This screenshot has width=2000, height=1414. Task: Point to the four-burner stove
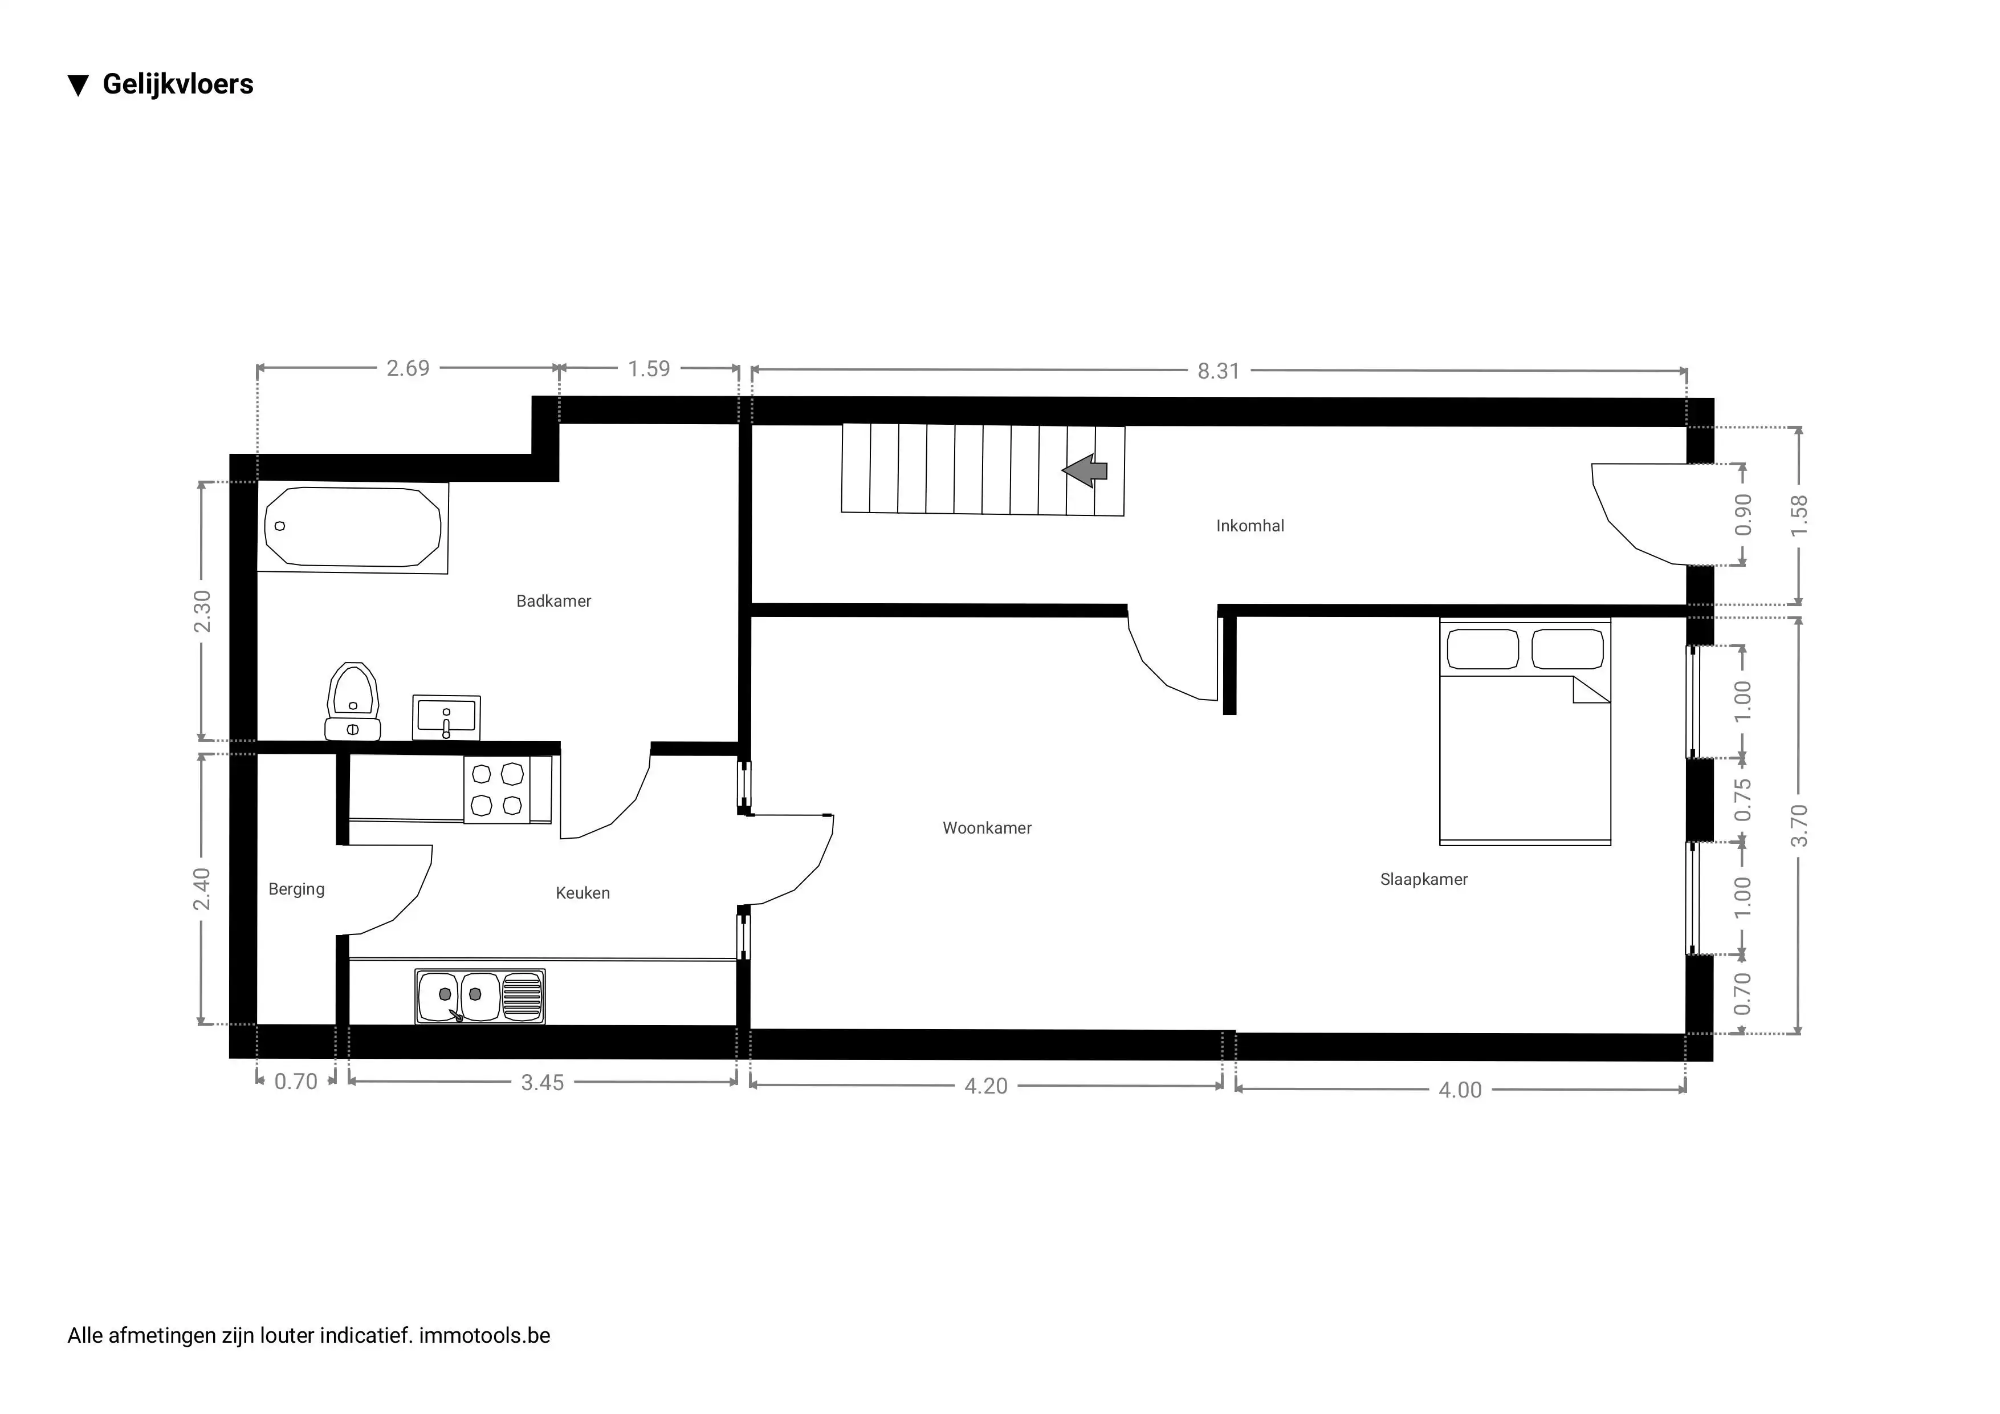[x=496, y=789]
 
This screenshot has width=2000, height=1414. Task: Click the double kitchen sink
[x=480, y=996]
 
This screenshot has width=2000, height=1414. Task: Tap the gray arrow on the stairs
[x=1085, y=472]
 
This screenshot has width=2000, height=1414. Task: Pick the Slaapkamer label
[x=1423, y=880]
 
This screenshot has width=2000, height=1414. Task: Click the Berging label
[x=296, y=889]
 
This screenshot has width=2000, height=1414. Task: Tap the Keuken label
[x=582, y=893]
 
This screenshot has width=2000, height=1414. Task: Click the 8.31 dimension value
[x=1218, y=371]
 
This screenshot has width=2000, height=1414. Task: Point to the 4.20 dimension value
[x=985, y=1086]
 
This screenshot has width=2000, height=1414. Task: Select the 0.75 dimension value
[x=1742, y=800]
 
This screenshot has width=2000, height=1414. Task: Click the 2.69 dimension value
[x=408, y=368]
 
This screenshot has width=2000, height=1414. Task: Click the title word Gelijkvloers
[x=178, y=84]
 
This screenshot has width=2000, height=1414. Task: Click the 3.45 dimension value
[x=542, y=1083]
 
